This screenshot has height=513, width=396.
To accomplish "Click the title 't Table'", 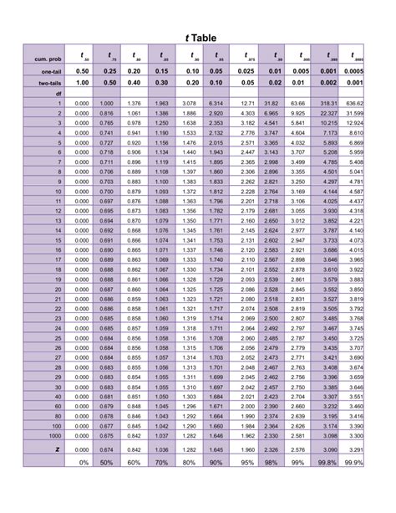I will coord(197,38).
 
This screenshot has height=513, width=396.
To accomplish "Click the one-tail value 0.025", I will coord(246,72).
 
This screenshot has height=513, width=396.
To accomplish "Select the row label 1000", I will coord(54,436).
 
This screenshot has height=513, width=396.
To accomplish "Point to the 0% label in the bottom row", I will coord(83,462).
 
